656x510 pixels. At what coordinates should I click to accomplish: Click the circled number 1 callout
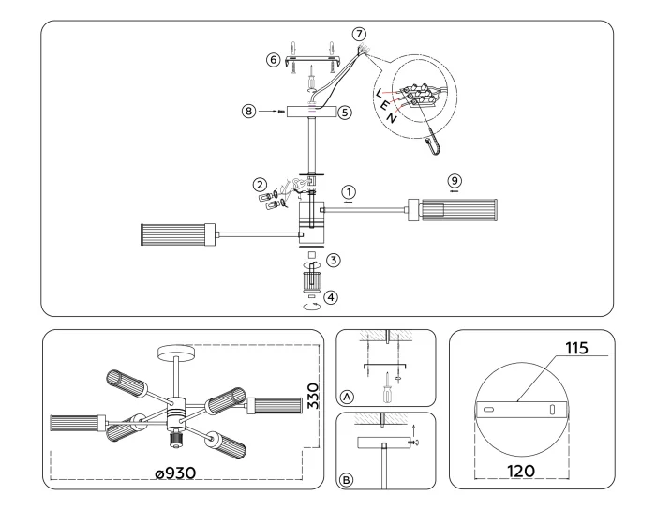[x=349, y=187]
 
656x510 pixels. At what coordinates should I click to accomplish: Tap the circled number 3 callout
[x=334, y=259]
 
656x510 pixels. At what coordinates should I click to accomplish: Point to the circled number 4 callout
[x=334, y=296]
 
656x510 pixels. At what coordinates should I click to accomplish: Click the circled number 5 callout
[x=345, y=112]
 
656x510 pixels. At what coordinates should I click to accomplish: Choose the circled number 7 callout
[x=358, y=34]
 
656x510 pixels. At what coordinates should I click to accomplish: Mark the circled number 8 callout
[x=249, y=112]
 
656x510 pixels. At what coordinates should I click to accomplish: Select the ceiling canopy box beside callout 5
[x=311, y=112]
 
